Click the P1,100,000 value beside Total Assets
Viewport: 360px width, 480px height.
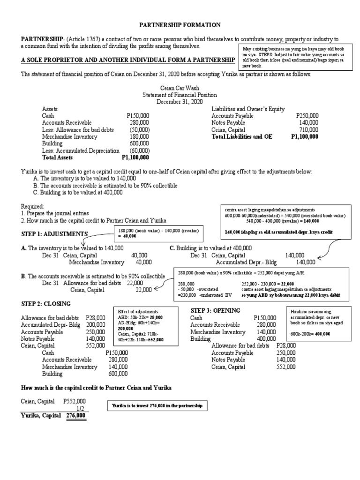point(135,158)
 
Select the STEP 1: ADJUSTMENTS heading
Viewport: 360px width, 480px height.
point(54,234)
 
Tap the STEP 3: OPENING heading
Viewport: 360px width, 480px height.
point(216,311)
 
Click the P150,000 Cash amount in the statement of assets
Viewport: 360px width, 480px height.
point(138,116)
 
